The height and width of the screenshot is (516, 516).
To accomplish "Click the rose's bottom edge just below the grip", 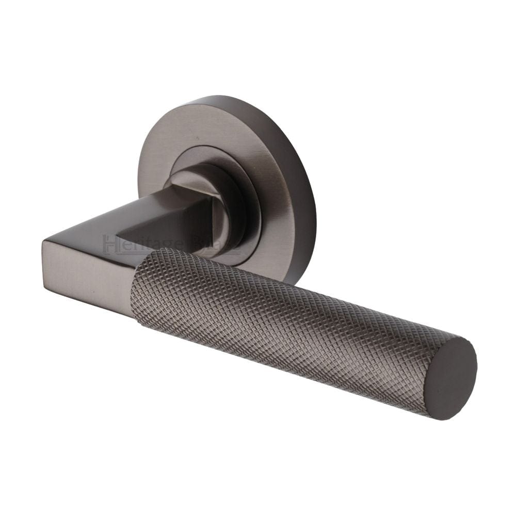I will [292, 279].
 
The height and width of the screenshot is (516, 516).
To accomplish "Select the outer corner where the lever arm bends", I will [44, 243].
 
